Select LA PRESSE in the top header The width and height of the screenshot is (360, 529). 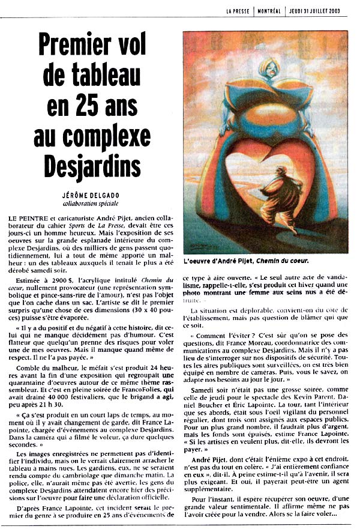click(238, 10)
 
